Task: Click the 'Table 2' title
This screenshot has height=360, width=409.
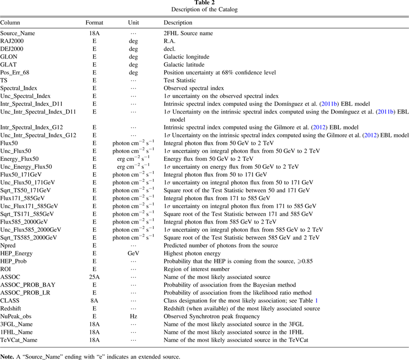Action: click(204, 3)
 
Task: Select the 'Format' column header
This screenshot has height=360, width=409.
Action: click(94, 23)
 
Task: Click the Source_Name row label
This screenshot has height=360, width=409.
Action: click(18, 33)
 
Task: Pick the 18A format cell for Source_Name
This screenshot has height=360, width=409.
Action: click(94, 33)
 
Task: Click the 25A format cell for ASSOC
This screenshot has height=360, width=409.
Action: click(94, 277)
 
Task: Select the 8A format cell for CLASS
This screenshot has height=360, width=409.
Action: click(94, 300)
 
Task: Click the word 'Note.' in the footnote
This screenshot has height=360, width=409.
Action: click(7, 356)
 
